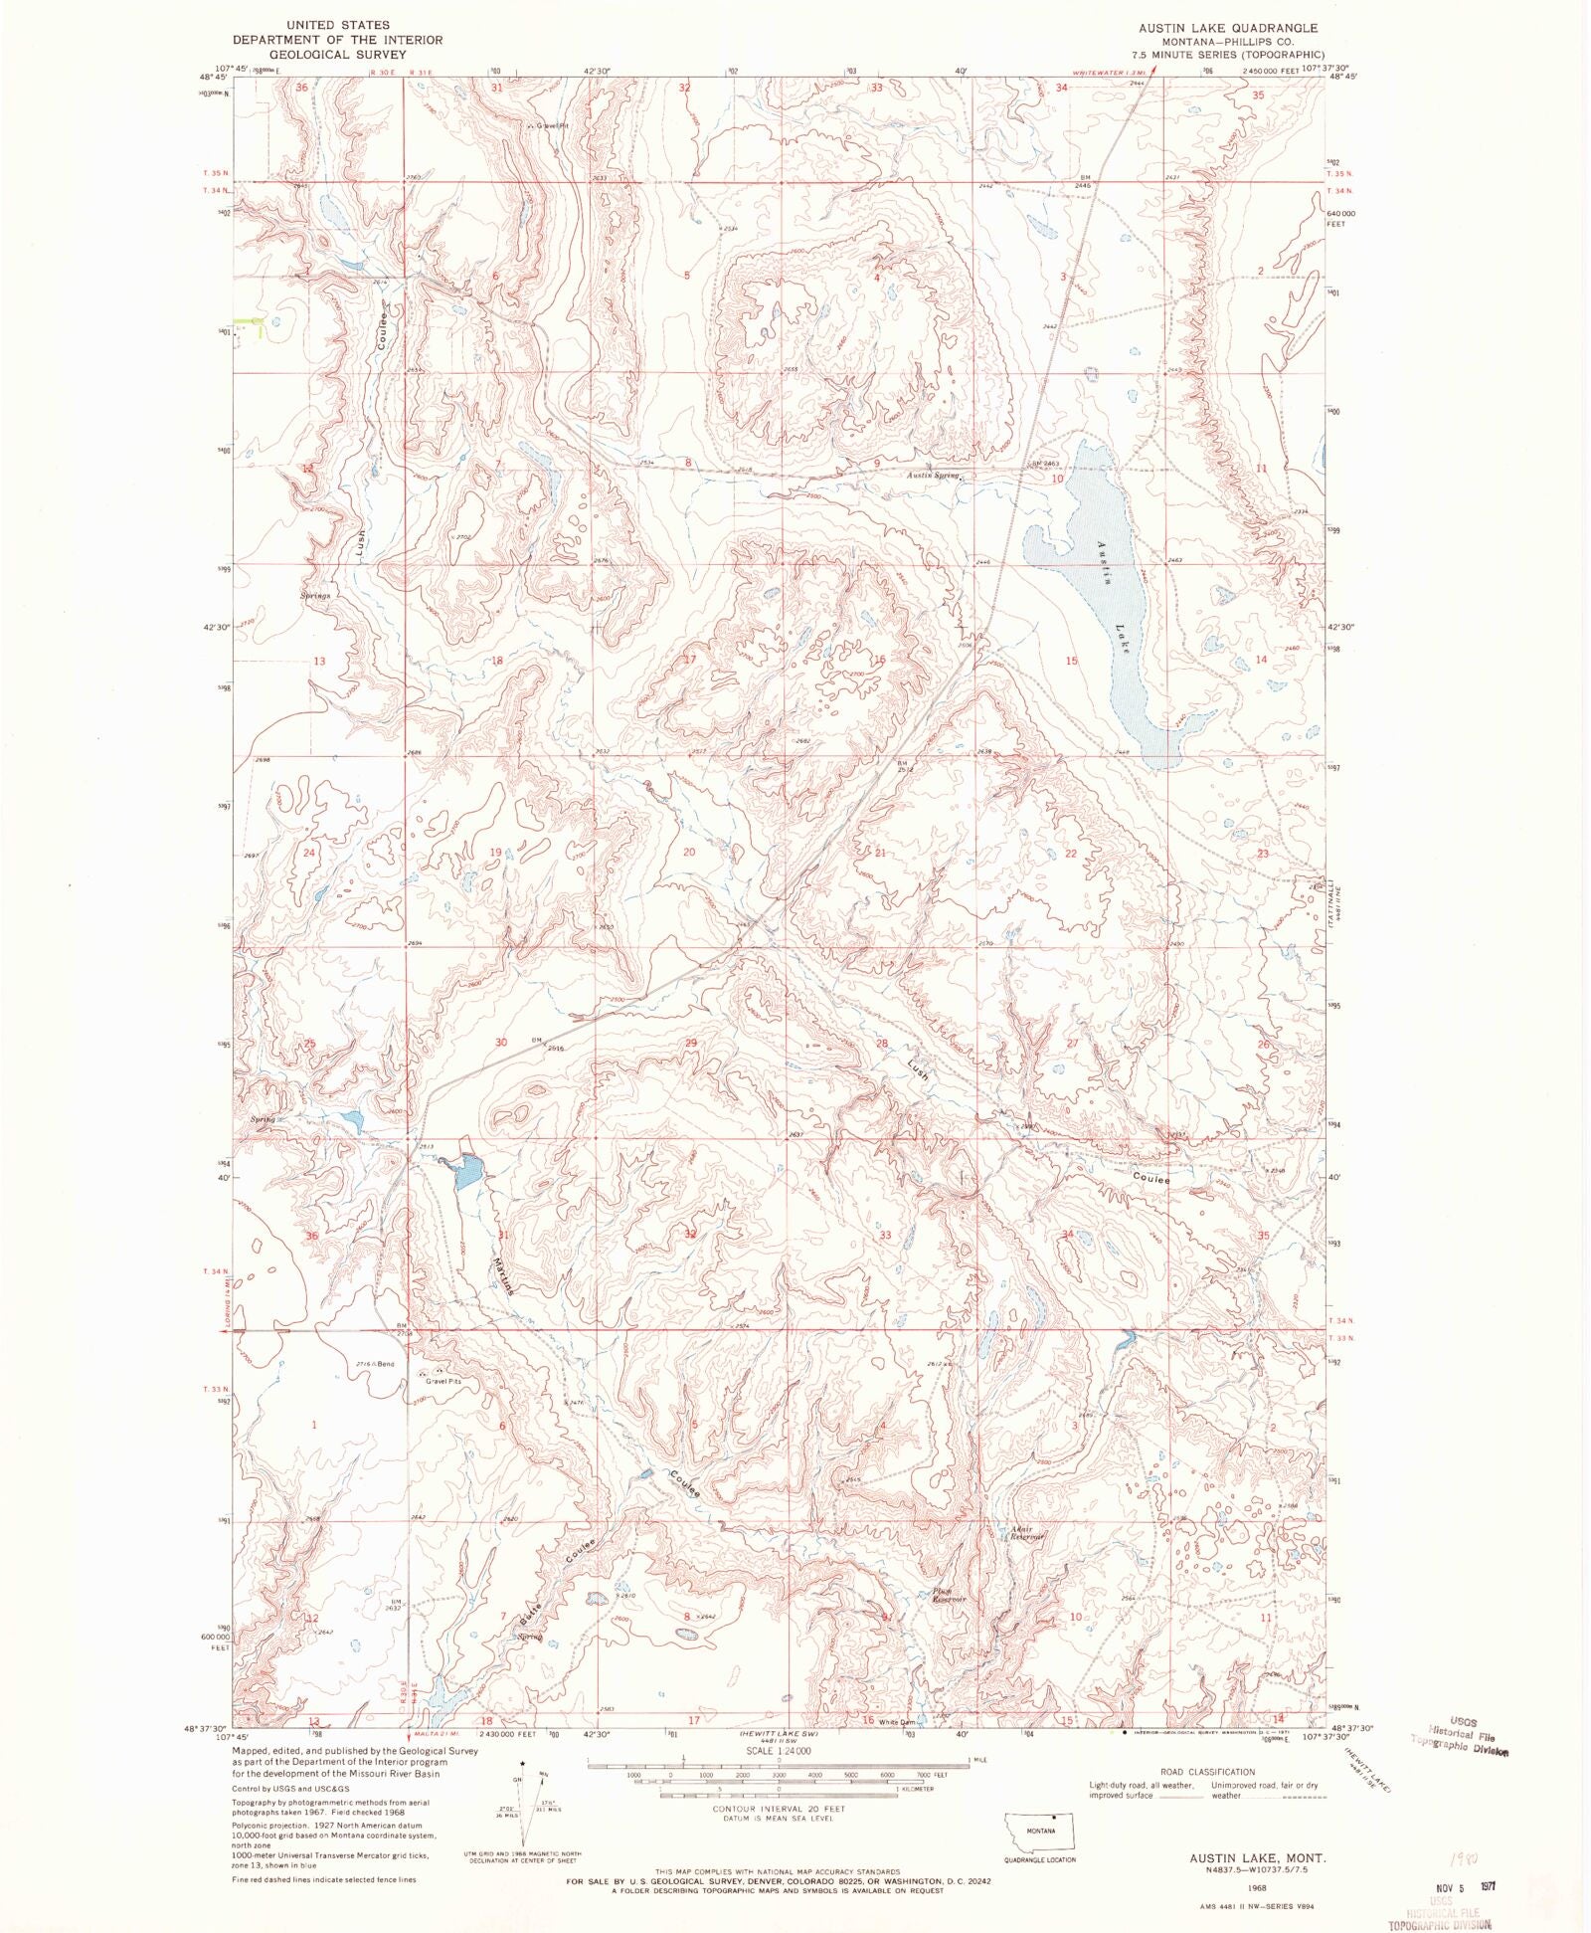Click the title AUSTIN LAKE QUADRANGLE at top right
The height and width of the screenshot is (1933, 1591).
click(1228, 28)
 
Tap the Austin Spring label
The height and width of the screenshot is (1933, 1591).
click(933, 476)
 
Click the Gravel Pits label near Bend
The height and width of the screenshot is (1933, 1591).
click(443, 1382)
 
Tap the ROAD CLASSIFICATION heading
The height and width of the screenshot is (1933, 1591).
click(1207, 1772)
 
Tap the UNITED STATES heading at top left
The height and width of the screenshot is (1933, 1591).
click(337, 25)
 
